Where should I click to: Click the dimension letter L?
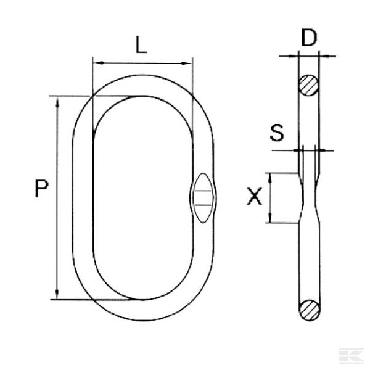(141, 46)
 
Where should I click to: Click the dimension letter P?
(41, 189)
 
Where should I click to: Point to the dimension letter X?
(254, 197)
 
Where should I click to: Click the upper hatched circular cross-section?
(308, 85)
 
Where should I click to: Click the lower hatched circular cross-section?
(308, 310)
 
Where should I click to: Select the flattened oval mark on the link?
(202, 198)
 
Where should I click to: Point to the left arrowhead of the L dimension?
(96, 62)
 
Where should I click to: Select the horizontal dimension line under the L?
(142, 62)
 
